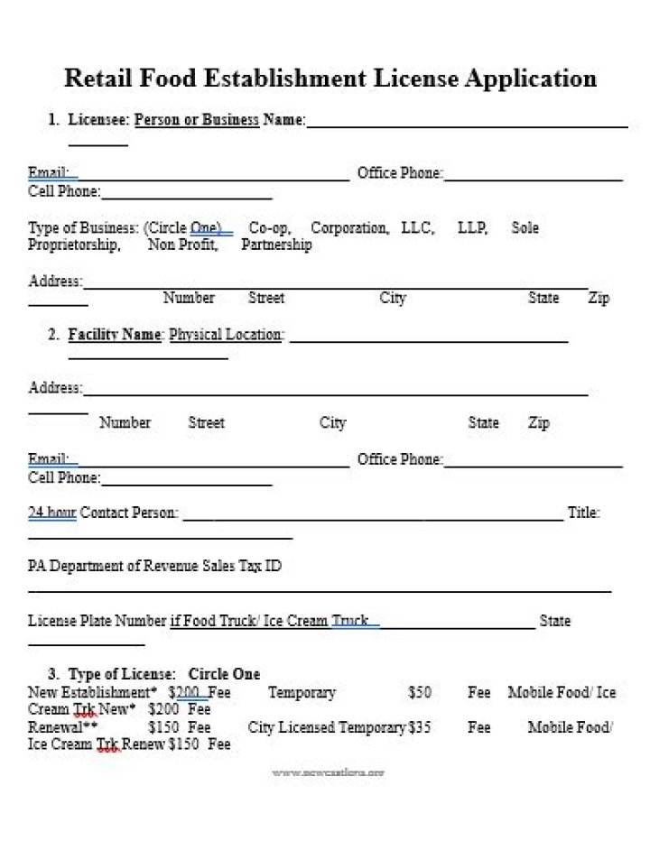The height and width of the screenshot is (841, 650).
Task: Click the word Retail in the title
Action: tap(98, 79)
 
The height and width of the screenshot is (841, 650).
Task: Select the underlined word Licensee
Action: tap(98, 119)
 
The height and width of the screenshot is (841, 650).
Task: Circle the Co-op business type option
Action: tap(269, 227)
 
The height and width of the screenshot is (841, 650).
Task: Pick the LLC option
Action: tap(417, 227)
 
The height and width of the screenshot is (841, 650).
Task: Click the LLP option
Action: tap(472, 227)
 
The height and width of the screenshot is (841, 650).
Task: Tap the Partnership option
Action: tap(276, 245)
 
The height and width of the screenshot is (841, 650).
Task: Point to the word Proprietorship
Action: tap(73, 245)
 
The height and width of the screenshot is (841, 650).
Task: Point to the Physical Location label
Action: tap(226, 335)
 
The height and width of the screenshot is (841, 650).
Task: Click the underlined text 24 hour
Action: tap(51, 513)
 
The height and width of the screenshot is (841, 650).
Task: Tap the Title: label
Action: tap(583, 513)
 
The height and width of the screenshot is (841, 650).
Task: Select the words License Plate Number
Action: tap(97, 621)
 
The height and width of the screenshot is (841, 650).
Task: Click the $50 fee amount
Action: tap(420, 692)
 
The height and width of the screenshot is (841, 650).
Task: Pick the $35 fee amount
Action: tap(419, 727)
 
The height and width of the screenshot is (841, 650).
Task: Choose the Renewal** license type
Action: tap(63, 727)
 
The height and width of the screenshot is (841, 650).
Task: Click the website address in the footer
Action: tap(329, 772)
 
